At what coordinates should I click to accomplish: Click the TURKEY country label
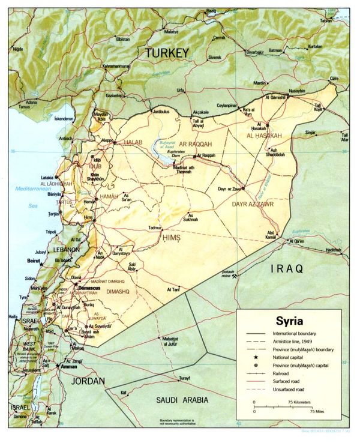click(x=166, y=53)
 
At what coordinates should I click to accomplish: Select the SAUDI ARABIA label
click(x=182, y=399)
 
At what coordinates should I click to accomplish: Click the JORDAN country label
click(x=88, y=381)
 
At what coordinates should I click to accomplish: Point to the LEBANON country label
click(x=65, y=249)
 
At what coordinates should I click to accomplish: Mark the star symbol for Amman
click(x=58, y=366)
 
